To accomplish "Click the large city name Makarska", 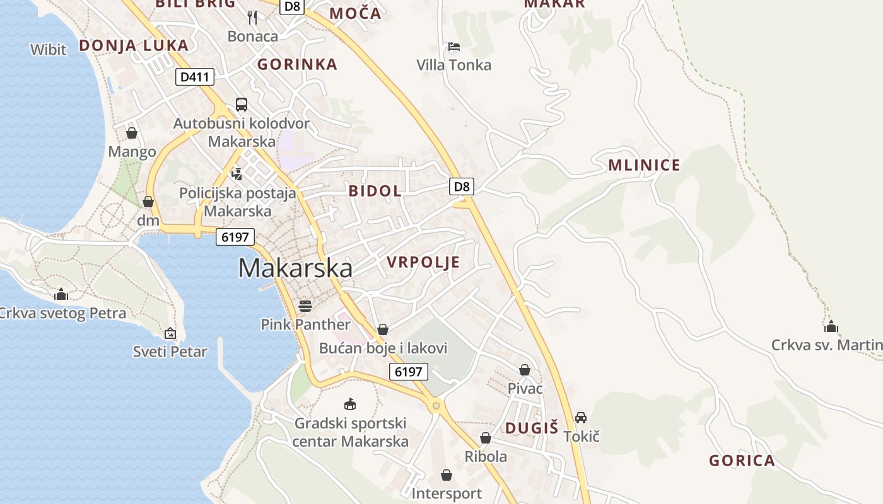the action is [x=295, y=268].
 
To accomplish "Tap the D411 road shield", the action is [x=195, y=77].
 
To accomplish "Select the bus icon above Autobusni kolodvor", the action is [x=242, y=105].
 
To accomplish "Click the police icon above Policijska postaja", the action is [x=237, y=173].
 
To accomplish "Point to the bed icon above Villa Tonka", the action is [x=453, y=46].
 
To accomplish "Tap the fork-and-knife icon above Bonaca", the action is [x=252, y=17].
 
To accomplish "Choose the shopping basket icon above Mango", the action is [x=132, y=133].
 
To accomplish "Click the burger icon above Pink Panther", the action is [x=305, y=306].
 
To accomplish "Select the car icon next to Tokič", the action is [x=581, y=418].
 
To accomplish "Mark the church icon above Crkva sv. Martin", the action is [x=831, y=326].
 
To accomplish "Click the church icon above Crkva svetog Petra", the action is [x=61, y=294].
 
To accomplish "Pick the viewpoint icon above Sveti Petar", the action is [x=170, y=333].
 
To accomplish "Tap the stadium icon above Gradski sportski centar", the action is [x=350, y=404].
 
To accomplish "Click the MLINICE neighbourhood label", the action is [x=644, y=166].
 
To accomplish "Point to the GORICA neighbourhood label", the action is [x=742, y=461].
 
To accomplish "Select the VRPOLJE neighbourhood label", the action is [x=423, y=262].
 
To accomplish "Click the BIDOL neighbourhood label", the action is [x=375, y=191].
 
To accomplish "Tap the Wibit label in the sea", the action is [x=48, y=49].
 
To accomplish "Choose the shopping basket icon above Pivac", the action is [x=525, y=370].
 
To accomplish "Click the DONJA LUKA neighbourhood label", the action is [x=134, y=45].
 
